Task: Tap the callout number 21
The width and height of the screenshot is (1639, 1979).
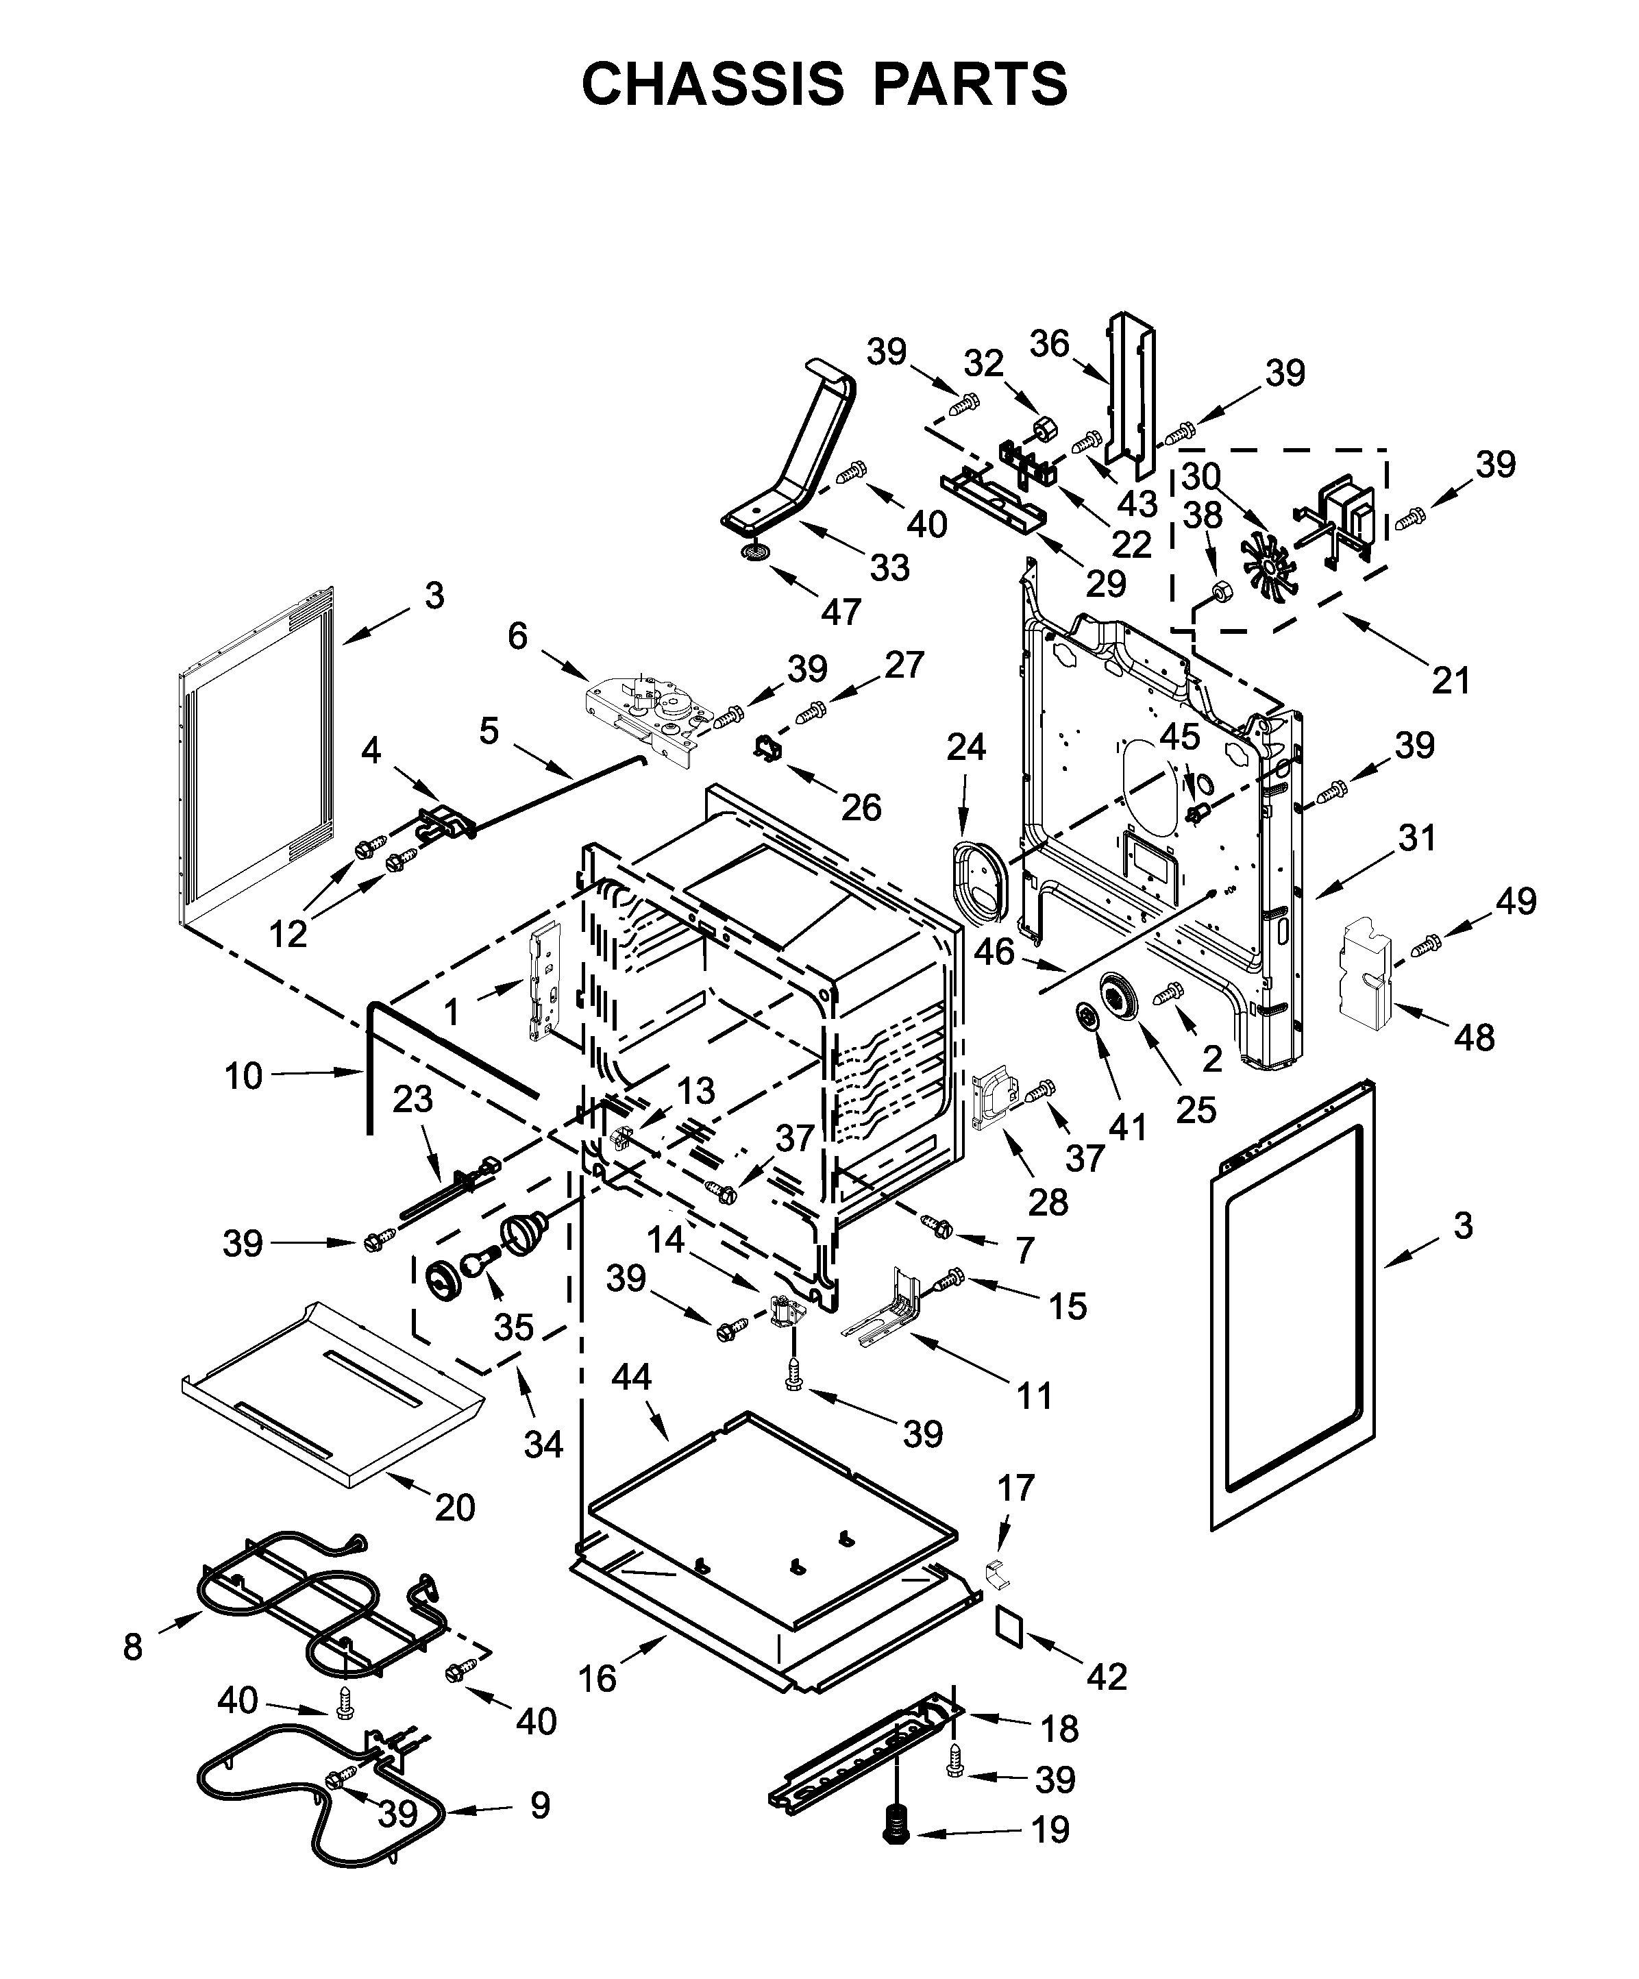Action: click(1451, 680)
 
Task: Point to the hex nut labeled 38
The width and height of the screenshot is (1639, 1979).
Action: click(1217, 592)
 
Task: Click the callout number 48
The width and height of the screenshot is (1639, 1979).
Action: click(1474, 1037)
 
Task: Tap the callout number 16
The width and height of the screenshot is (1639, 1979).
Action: click(597, 1677)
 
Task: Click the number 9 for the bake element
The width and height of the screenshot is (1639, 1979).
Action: click(539, 1806)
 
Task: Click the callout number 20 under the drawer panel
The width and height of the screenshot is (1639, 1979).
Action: click(454, 1508)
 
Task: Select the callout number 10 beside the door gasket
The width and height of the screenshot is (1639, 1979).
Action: click(243, 1075)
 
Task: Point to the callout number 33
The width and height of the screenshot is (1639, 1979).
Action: click(889, 567)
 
